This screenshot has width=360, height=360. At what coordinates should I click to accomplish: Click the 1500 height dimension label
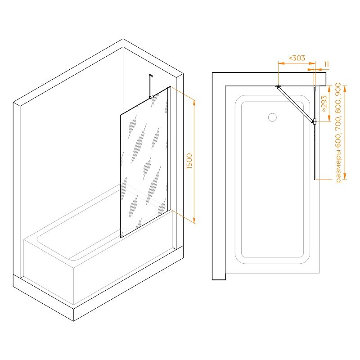[x=189, y=162]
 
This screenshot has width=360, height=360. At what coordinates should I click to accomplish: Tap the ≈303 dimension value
[x=297, y=58]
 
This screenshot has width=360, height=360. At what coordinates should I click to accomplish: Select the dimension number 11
[x=326, y=64]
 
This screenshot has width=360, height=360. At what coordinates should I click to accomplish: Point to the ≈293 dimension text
[x=324, y=104]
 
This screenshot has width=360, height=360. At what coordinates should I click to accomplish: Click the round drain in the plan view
[x=272, y=117]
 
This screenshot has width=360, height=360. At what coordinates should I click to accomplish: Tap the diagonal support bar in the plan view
[x=296, y=104]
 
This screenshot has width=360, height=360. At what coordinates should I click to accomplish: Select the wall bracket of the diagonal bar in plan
[x=278, y=86]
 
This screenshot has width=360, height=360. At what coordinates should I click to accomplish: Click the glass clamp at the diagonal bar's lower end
[x=315, y=121]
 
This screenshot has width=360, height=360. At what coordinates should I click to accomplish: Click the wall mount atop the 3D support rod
[x=151, y=76]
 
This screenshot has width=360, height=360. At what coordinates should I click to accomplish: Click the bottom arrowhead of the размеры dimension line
[x=345, y=176]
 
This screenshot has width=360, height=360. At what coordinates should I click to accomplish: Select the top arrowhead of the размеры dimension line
[x=345, y=88]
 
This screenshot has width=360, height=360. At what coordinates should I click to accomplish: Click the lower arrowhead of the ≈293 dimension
[x=330, y=119]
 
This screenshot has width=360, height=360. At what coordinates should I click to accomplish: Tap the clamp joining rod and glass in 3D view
[x=151, y=97]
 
